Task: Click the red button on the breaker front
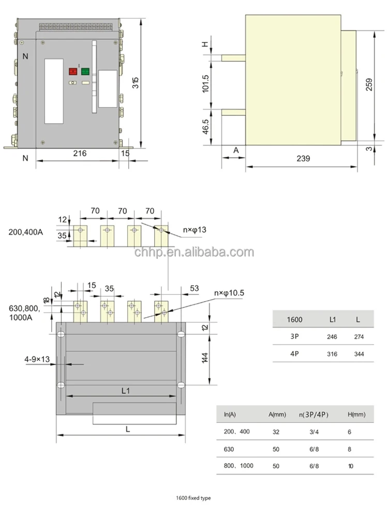coord(73,72)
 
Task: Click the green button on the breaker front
coord(85,72)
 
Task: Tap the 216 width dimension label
coord(79,153)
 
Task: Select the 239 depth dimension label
coord(303,159)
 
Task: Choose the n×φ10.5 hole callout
coord(229,293)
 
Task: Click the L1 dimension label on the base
coord(125,391)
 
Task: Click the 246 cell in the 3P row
coord(332,337)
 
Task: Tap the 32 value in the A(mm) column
coord(276,431)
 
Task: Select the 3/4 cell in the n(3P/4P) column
coord(315,431)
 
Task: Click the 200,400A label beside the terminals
coord(26,232)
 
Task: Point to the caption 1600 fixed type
coord(194,498)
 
